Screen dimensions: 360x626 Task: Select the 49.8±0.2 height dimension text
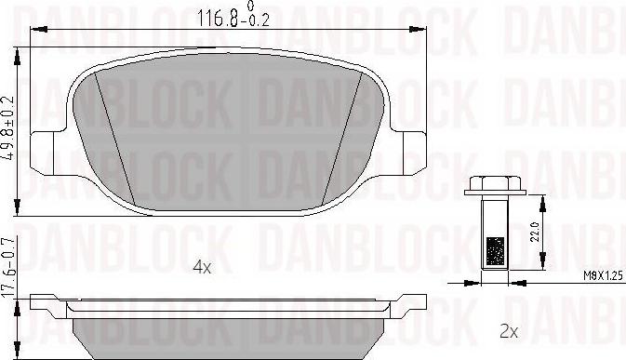click(x=10, y=127)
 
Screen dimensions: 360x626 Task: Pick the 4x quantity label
click(x=202, y=267)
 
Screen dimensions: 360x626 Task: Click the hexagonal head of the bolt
click(x=494, y=184)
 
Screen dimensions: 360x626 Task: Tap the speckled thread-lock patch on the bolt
click(x=495, y=250)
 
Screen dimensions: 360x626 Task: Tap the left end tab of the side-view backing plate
click(x=42, y=301)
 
